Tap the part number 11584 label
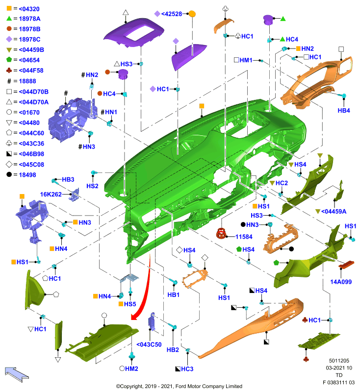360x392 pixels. click(244, 237)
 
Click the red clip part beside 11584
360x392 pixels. click(221, 234)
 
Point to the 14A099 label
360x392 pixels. click(341, 282)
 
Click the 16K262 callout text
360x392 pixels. click(51, 194)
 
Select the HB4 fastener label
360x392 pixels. click(344, 111)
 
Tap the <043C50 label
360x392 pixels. click(149, 344)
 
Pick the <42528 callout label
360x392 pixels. click(172, 14)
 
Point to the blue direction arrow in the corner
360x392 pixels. click(17, 374)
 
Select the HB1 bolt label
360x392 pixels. click(173, 295)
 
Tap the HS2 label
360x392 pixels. click(92, 186)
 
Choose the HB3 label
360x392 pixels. click(68, 179)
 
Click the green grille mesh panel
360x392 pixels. click(319, 341)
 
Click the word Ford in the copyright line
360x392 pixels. click(181, 386)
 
